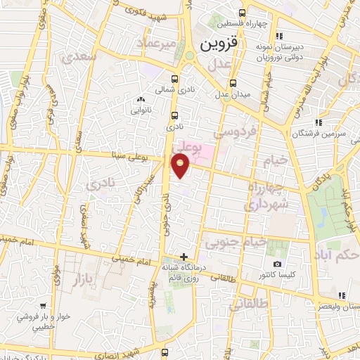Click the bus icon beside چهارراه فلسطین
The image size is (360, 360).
(x=243, y=13)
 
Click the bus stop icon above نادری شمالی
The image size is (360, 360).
(x=175, y=79)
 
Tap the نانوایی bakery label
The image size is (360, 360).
(x=137, y=110)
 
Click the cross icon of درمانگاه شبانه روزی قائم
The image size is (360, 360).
(x=184, y=257)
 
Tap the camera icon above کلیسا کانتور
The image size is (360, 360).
(x=278, y=264)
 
